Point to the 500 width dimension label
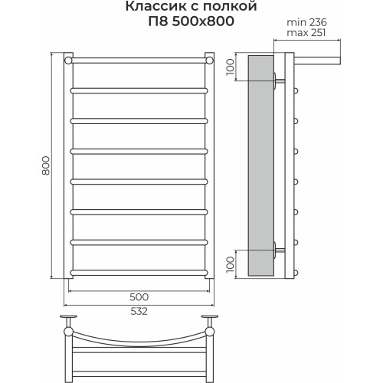point(139,296)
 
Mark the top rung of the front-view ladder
point(139,59)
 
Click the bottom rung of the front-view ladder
point(139,270)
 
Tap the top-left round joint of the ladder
point(70,59)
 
